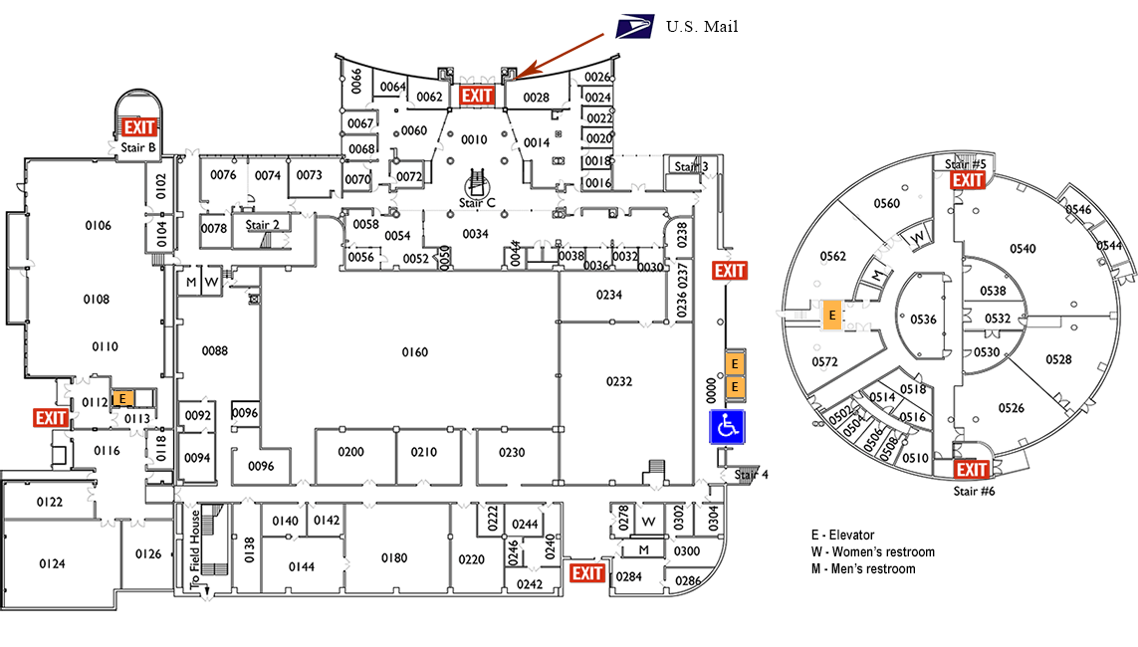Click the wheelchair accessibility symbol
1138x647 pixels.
pos(728,426)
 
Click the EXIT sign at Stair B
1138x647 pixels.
pos(140,126)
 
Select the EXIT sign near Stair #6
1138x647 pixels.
pos(971,470)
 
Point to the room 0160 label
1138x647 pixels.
pos(414,352)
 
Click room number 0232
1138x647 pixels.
pos(619,381)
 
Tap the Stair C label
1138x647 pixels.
pos(477,203)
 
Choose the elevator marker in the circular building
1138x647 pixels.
pos(832,315)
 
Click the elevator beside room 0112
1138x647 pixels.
pos(120,398)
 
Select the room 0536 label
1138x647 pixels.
pos(923,320)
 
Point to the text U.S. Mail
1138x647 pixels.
pos(702,27)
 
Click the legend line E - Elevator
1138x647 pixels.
pos(842,536)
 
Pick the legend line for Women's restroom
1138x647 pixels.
pos(872,551)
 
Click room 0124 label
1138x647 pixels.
pos(52,564)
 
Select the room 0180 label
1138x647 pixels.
pos(394,558)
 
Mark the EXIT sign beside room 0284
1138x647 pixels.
pos(587,572)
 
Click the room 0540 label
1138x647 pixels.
pos(1023,249)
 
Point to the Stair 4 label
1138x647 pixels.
pos(752,475)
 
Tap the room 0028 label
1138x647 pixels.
pos(537,98)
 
